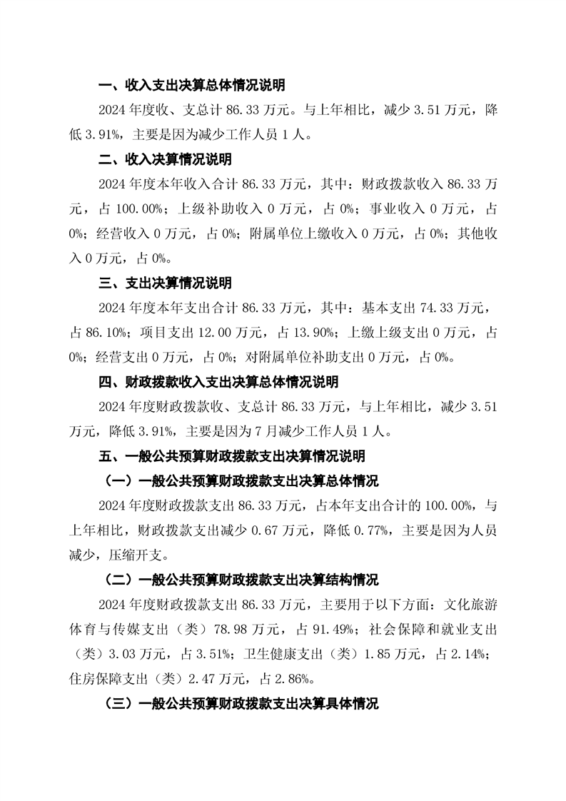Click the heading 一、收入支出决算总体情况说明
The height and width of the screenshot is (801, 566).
(191, 86)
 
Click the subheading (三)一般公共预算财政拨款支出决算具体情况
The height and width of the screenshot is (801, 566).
(241, 703)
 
